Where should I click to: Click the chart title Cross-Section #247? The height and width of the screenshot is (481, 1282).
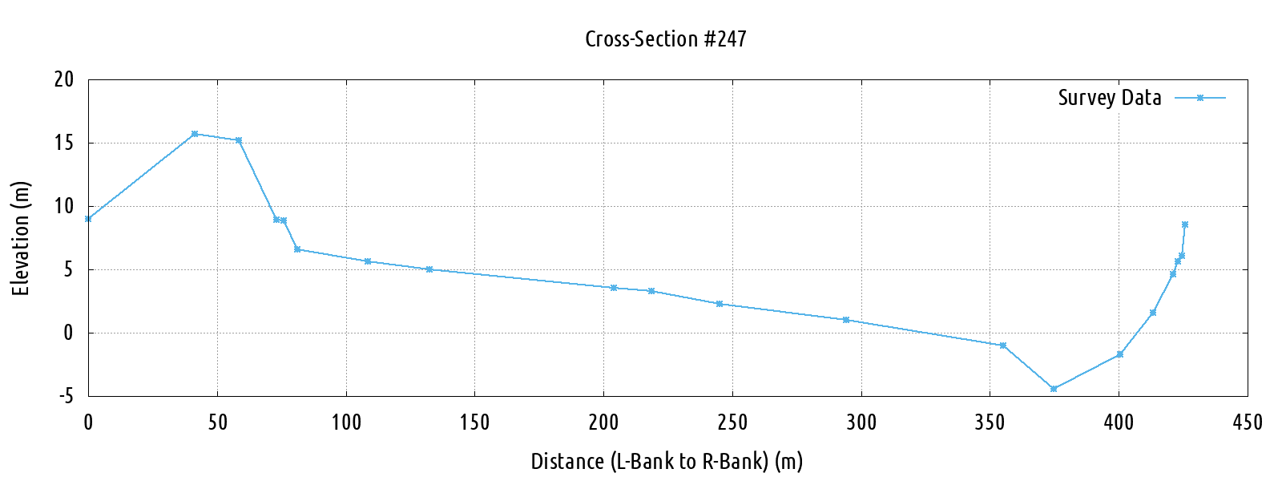[x=666, y=39]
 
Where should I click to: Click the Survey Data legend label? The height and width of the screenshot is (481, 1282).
[x=1109, y=98]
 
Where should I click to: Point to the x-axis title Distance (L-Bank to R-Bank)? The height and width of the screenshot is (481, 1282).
[x=667, y=462]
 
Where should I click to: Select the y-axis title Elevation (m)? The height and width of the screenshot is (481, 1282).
[x=21, y=238]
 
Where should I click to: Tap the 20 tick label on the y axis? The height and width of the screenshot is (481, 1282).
[x=64, y=79]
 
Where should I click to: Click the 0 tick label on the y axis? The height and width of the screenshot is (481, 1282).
[x=69, y=333]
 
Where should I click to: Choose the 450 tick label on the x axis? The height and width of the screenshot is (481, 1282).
[x=1248, y=422]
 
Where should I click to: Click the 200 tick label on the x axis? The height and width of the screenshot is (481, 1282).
[x=603, y=422]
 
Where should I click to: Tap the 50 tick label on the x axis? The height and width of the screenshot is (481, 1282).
[x=217, y=422]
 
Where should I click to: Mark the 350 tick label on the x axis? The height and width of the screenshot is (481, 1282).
[x=990, y=422]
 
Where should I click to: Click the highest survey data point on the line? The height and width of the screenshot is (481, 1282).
[x=195, y=134]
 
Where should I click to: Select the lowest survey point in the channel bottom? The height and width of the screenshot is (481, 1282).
[x=1054, y=389]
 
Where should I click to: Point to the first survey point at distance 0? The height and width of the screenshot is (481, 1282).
[x=88, y=219]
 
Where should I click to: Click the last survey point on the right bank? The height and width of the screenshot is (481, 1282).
[x=1185, y=224]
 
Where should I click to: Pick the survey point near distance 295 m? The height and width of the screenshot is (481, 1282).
[x=846, y=320]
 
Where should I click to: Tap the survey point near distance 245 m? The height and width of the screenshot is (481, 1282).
[x=720, y=304]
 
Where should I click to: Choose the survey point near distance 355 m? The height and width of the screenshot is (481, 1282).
[x=1003, y=346]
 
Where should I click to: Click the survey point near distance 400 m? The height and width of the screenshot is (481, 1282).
[x=1120, y=354]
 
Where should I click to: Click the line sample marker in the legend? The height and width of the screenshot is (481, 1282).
[x=1200, y=98]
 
